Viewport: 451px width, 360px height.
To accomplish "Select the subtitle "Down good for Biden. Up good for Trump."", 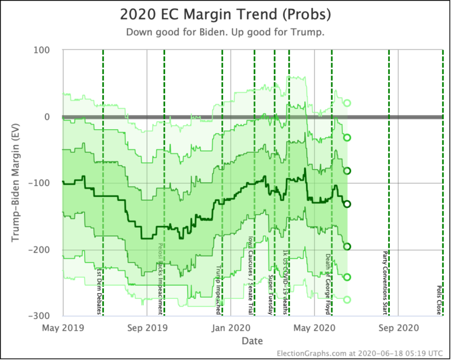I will pos(225,32).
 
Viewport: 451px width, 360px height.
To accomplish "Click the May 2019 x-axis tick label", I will pos(63,328).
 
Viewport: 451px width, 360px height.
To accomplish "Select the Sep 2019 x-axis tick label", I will pos(147,328).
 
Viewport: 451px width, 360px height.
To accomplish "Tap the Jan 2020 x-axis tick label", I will pos(231,328).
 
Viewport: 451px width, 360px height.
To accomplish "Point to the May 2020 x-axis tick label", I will pos(314,328).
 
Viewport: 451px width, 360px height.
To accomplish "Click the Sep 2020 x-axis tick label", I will pos(398,328).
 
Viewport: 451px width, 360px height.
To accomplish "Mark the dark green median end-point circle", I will pos(347,204).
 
